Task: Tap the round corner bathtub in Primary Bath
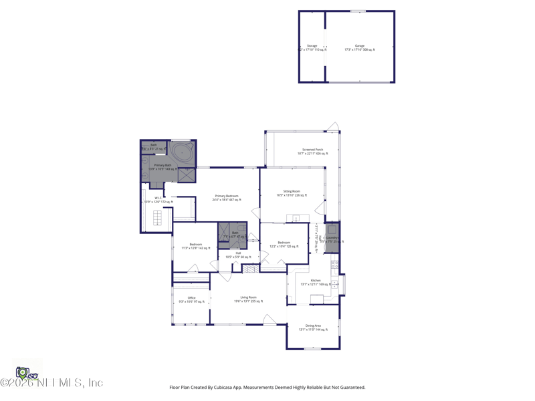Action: pos(181,152)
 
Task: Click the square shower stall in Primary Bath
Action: pos(187,174)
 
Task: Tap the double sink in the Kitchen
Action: pos(316,299)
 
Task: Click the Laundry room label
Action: pos(331,239)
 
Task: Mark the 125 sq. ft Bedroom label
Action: pos(284,244)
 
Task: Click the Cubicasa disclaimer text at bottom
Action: pos(267,387)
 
